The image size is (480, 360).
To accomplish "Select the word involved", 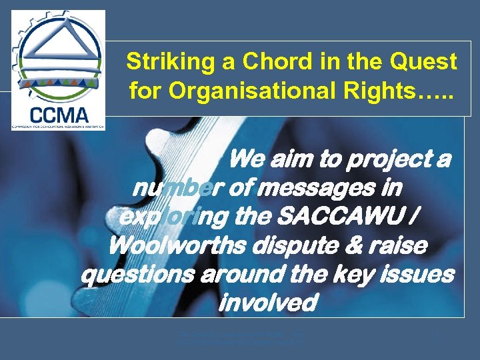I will tap(266, 303).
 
